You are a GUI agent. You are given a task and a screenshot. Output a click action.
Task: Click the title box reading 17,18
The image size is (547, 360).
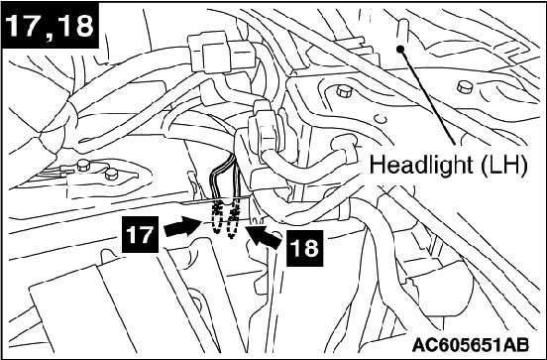[50, 24]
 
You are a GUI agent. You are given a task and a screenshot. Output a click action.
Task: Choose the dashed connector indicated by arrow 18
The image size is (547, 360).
[237, 223]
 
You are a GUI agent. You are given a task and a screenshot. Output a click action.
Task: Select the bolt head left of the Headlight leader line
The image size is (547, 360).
[343, 92]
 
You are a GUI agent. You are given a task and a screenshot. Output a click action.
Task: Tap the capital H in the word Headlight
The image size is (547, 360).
[377, 164]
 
